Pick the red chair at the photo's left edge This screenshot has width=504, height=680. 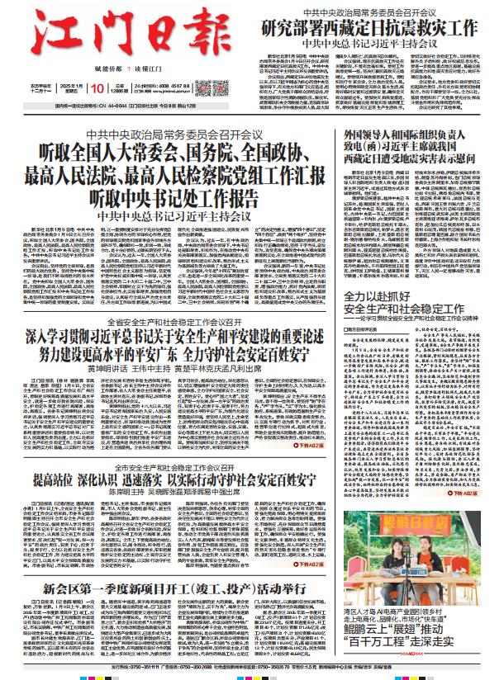pos(354,578)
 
